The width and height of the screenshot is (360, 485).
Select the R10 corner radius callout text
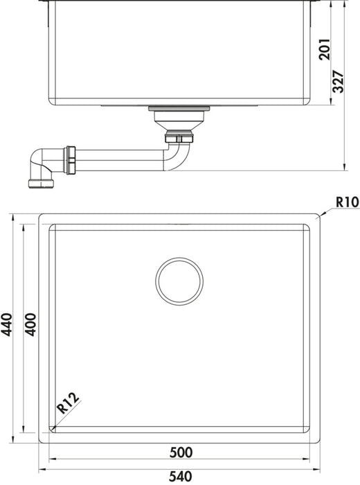click(345, 202)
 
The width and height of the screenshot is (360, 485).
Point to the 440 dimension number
click(8, 324)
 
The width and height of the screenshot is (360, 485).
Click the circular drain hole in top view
click(179, 281)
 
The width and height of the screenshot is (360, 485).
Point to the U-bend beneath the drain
click(177, 152)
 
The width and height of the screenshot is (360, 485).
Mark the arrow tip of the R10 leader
click(318, 217)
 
